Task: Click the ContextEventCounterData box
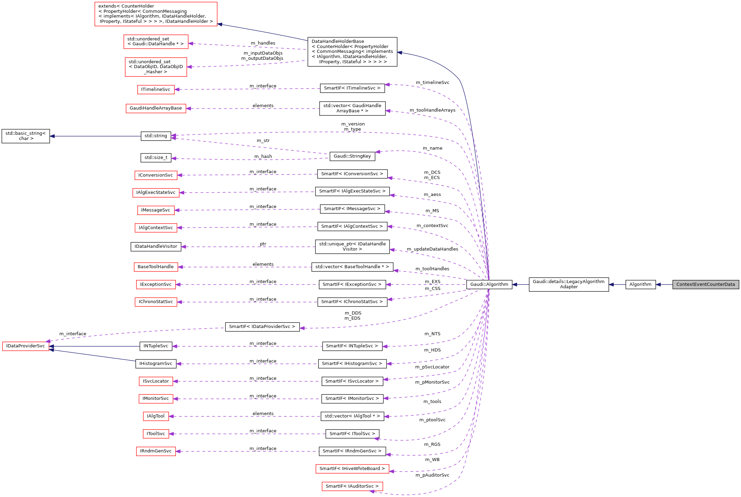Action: click(705, 284)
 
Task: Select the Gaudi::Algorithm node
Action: click(489, 284)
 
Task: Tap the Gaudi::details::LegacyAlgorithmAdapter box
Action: click(568, 284)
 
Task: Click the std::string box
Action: click(156, 136)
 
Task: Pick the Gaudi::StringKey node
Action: click(352, 156)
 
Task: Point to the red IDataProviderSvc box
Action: click(26, 346)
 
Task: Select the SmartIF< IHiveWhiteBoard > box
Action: click(352, 469)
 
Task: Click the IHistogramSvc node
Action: click(156, 364)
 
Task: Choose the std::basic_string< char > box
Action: click(26, 136)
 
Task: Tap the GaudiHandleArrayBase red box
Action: click(156, 108)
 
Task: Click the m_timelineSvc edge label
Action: click(432, 83)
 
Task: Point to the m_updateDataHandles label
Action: click(432, 249)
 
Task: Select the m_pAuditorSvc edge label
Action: click(432, 475)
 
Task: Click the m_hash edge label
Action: click(263, 157)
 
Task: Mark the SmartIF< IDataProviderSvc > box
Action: click(262, 327)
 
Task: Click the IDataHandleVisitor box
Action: click(156, 246)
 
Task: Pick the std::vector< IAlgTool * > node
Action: click(352, 416)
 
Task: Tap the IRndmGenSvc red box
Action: click(156, 451)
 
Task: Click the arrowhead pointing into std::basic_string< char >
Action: click(52, 136)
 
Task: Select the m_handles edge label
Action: click(263, 43)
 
